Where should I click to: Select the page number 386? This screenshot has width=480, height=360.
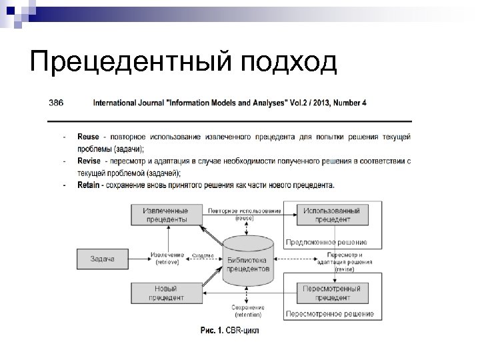56,103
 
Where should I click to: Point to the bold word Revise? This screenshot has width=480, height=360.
89,161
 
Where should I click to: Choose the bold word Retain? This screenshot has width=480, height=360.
89,185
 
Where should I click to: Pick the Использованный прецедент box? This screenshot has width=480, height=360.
331,214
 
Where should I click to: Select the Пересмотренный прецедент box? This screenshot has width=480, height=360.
331,293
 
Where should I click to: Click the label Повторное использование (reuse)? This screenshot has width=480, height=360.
244,214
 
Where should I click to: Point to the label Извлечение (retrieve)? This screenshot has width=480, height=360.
167,258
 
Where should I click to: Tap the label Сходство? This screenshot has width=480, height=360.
203,255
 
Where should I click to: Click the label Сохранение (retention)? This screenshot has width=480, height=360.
247,311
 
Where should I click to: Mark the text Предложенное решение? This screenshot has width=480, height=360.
326,241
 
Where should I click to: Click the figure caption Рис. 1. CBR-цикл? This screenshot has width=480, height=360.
229,330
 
